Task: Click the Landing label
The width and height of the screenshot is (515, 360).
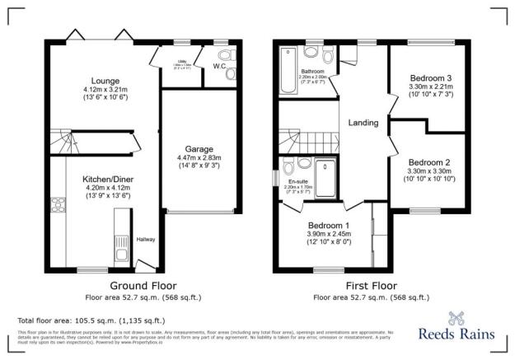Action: coord(363,124)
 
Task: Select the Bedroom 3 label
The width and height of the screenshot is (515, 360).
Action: coord(430,78)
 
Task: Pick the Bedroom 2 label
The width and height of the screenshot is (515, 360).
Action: coord(429,162)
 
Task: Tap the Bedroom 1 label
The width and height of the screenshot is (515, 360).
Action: coord(329,225)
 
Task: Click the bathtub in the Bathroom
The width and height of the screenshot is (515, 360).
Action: coord(288,72)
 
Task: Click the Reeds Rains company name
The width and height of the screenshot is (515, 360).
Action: coord(456,334)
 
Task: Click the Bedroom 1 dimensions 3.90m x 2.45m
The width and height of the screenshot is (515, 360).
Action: coord(329,234)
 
